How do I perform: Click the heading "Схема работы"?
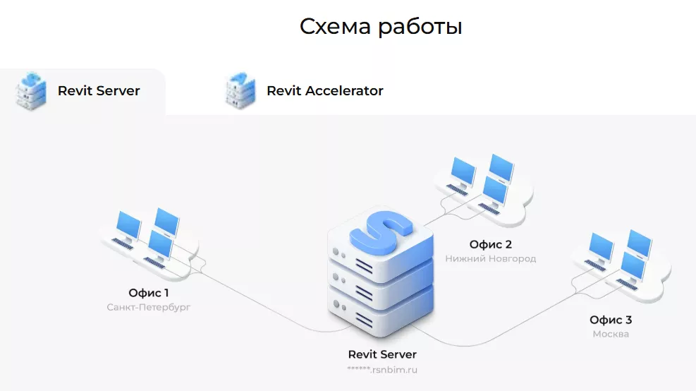point(381,26)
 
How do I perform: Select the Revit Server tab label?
point(99,91)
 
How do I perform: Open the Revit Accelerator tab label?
point(324,91)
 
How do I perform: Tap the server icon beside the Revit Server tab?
point(31,90)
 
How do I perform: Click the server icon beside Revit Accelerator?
point(240,90)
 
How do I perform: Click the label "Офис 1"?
point(149,292)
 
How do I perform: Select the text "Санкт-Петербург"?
point(149,308)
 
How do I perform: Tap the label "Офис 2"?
point(491,244)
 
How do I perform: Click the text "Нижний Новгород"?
point(491,259)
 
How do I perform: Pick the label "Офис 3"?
point(611,320)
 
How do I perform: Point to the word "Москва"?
point(611,335)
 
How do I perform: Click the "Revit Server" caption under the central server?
point(382,354)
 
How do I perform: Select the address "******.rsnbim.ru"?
point(382,369)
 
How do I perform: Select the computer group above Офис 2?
point(483,182)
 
